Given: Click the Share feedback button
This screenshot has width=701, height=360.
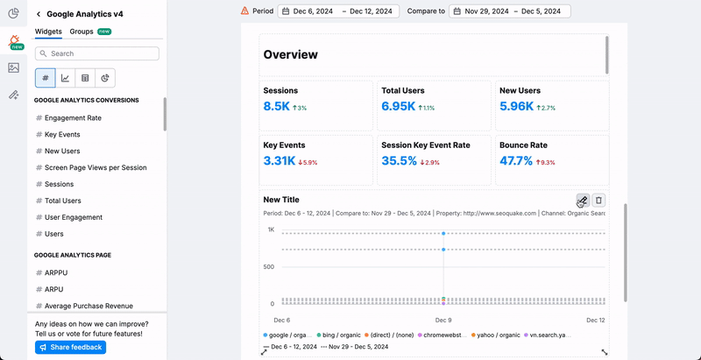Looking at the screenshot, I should [70, 347].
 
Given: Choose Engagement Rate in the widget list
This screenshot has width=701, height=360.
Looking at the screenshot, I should [73, 117].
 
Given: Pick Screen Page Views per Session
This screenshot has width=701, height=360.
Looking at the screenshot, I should [96, 167].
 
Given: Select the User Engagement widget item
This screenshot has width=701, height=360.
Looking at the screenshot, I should [74, 217].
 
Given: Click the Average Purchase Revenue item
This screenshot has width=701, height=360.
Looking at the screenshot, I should [89, 306].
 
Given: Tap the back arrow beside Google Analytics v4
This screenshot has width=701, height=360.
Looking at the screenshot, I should [39, 14].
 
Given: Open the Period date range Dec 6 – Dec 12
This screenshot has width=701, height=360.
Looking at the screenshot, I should [338, 11].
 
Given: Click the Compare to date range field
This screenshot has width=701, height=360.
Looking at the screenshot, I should [509, 11].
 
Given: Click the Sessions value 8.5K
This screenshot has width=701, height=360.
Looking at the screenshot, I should [276, 106].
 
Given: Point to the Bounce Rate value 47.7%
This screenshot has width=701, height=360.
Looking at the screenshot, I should [516, 160].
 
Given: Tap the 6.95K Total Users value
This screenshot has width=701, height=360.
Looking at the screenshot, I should [399, 106].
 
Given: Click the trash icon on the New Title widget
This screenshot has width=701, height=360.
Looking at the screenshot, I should [598, 201].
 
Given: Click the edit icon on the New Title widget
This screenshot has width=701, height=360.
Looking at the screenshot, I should [582, 201].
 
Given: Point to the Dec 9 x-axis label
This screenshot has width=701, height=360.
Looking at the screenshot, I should [443, 320].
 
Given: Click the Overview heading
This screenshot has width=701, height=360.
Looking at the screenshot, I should [290, 54].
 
